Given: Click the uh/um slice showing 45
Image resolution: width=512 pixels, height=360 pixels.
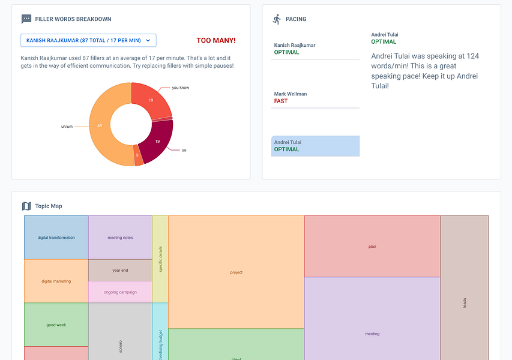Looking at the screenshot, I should (100, 126).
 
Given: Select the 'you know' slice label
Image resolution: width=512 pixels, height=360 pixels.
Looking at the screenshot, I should (180, 88).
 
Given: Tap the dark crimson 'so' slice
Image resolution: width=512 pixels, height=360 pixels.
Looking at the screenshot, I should (158, 141).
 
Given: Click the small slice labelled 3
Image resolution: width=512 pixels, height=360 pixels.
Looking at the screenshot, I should (138, 155).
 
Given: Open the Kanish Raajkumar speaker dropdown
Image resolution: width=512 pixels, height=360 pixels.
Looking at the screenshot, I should (88, 40).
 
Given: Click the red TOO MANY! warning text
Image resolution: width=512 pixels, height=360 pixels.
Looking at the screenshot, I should (216, 40).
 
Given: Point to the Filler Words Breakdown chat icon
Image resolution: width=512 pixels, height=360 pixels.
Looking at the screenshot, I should (26, 19).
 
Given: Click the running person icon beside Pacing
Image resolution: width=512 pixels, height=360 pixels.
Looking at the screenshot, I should (277, 19).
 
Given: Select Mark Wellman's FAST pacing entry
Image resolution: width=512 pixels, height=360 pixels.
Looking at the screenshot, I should (316, 98).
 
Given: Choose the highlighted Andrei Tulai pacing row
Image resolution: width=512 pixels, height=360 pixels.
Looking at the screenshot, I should (316, 146).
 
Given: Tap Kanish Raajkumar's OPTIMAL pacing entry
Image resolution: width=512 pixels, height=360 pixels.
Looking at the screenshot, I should (316, 49).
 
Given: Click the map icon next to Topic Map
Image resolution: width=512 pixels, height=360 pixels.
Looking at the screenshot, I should (26, 206).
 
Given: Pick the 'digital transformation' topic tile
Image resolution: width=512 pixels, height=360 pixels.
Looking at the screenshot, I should (56, 238).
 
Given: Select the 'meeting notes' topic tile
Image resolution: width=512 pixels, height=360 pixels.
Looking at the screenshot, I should (120, 238).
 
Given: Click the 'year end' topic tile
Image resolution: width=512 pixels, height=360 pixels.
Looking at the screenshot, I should (120, 270).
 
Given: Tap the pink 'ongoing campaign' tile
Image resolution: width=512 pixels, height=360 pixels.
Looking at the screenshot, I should (120, 292).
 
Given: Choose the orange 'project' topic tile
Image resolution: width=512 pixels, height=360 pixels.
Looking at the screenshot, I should (236, 272).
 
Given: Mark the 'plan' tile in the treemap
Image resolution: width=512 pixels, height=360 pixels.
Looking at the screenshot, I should (372, 246).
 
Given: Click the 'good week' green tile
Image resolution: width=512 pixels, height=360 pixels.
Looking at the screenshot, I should (56, 325).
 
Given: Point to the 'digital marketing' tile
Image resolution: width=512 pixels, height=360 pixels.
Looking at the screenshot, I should (56, 281).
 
